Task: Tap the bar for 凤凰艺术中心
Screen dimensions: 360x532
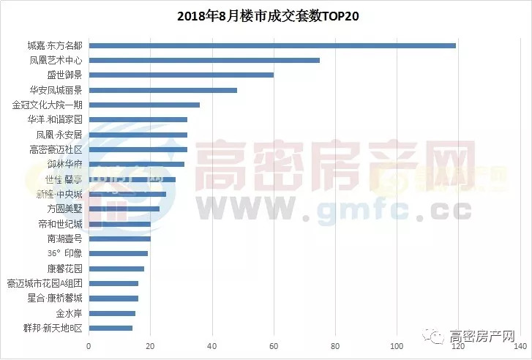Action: (204, 60)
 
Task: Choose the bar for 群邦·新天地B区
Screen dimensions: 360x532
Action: (110, 328)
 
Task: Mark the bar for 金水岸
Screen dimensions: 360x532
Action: (112, 313)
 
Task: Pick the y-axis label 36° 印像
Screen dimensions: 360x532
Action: (64, 254)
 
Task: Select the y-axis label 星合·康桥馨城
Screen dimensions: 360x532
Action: (55, 299)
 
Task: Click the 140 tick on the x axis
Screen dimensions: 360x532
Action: (520, 345)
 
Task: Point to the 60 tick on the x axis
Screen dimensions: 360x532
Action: (274, 345)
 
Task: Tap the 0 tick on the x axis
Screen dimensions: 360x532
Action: (89, 345)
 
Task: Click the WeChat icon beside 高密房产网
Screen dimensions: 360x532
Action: (438, 337)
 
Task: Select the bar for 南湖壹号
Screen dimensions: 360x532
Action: (119, 239)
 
